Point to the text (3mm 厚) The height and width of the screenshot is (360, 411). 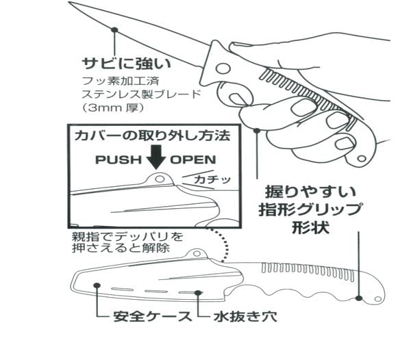pos(112,108)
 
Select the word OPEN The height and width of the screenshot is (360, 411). pos(193,160)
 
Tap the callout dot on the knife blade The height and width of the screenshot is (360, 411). pos(115,29)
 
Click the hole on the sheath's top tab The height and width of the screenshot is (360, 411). pos(197,255)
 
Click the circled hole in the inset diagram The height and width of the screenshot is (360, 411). pos(160,179)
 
